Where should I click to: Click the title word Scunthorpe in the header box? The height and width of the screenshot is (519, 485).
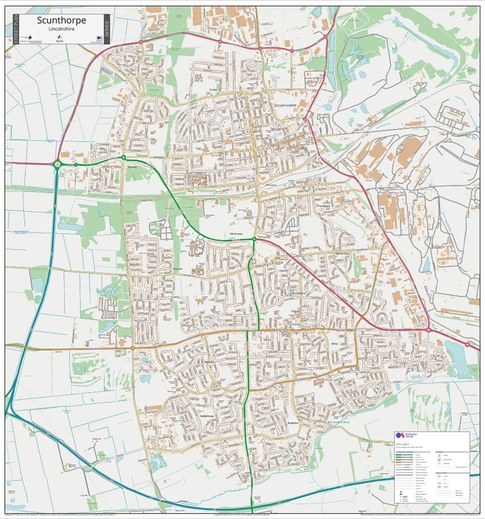[61, 20]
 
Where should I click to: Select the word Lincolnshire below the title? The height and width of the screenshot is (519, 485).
[61, 30]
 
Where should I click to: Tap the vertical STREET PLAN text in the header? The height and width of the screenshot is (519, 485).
[16, 29]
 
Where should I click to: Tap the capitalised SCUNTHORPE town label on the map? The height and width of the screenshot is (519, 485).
[286, 106]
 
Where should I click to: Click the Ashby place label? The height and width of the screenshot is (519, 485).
[334, 344]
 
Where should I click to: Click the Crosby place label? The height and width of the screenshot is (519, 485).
[213, 90]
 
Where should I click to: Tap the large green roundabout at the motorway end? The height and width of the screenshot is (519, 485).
[57, 165]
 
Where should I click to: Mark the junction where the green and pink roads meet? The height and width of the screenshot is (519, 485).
[254, 240]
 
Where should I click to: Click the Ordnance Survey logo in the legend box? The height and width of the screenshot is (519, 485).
[402, 436]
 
